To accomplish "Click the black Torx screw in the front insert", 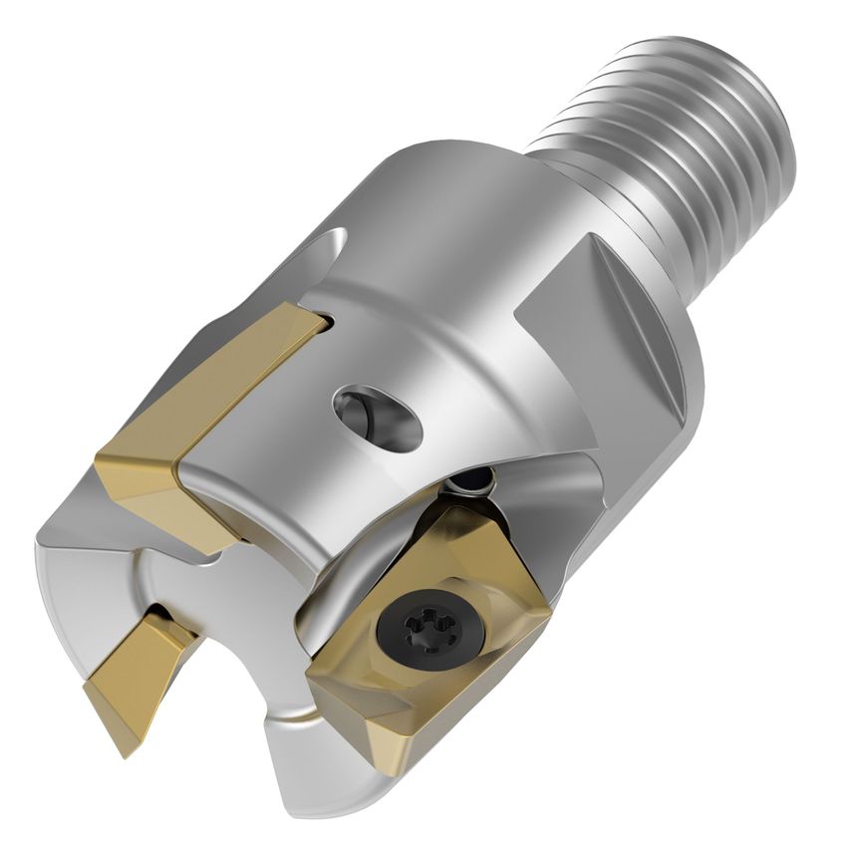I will click(420, 627).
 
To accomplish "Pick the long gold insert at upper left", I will click(209, 409).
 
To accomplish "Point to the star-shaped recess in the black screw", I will click(420, 627).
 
